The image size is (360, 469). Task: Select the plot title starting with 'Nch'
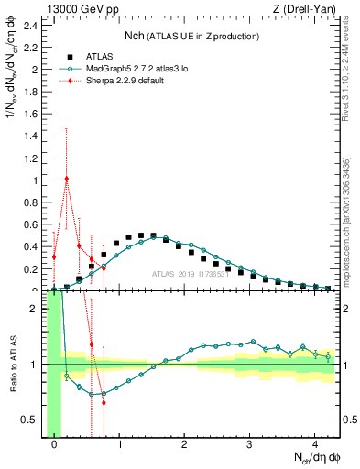coord(191,36)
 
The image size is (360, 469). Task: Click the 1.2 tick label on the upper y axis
coord(31,158)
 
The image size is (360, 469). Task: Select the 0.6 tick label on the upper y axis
coord(31,224)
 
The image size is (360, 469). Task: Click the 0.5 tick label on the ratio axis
coord(31,420)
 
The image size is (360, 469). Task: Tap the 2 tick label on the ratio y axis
coord(36,309)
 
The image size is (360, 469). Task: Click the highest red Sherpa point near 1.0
coord(66,179)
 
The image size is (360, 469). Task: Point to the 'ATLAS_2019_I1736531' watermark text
coord(190,274)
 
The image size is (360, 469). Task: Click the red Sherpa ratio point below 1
coord(104,402)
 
